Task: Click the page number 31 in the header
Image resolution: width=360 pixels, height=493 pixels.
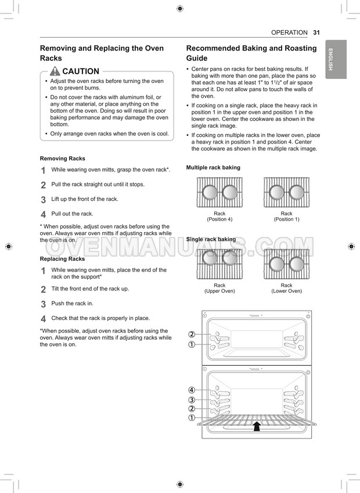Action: click(x=316, y=33)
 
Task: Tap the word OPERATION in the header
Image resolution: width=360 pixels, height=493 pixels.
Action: click(x=289, y=33)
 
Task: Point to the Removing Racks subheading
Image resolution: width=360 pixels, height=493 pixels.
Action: click(x=62, y=159)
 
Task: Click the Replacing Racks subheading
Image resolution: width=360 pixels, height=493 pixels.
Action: click(x=62, y=259)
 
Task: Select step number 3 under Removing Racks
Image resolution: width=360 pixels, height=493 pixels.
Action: click(x=43, y=200)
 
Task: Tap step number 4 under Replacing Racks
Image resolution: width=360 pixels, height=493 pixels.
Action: click(x=43, y=319)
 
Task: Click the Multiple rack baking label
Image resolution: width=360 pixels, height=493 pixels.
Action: click(x=213, y=168)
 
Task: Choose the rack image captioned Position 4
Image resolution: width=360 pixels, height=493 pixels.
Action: click(x=219, y=193)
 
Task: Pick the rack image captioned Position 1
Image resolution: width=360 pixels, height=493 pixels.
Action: click(x=287, y=193)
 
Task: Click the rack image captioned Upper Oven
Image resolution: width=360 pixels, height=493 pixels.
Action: click(x=219, y=264)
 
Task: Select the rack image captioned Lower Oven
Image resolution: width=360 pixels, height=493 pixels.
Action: click(x=287, y=264)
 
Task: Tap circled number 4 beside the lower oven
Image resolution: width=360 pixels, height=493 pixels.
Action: click(x=192, y=390)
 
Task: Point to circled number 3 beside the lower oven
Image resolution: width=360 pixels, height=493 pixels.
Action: click(x=192, y=400)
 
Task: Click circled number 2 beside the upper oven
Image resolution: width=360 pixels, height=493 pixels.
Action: click(x=192, y=334)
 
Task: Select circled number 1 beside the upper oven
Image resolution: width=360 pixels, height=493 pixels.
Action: click(x=192, y=344)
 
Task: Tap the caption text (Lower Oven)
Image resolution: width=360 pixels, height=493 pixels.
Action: click(x=287, y=291)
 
